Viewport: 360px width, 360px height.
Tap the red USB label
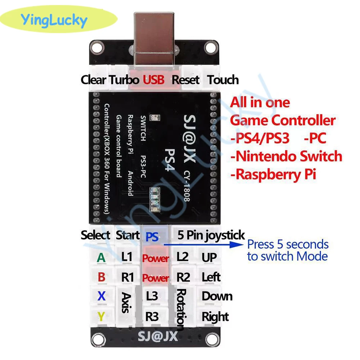154,80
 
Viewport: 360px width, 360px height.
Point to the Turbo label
125,80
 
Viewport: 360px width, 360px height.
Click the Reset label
185,80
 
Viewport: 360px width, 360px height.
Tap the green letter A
102,257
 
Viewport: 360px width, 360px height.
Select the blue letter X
102,296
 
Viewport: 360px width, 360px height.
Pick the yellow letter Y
102,316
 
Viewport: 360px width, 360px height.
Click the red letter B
102,277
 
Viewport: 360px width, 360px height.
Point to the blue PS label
152,237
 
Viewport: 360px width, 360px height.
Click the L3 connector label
152,296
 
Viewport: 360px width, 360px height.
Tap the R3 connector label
152,316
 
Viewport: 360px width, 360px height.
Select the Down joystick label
217,296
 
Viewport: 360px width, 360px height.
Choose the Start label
127,236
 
